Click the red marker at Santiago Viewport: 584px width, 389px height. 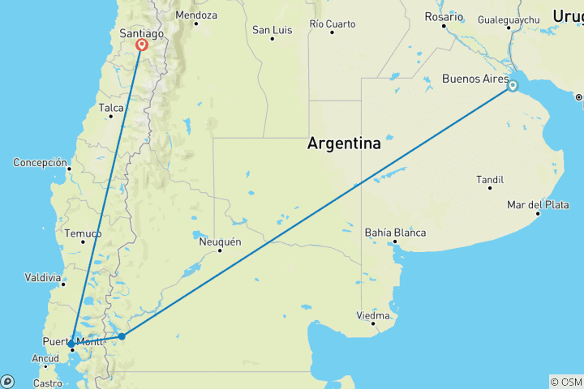[142, 45]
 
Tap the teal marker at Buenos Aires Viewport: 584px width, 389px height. [513, 85]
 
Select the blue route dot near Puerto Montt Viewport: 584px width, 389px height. [71, 344]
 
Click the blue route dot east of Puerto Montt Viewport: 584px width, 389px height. [122, 336]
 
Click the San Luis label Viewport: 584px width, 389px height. [271, 30]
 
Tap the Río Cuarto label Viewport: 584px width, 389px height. [332, 24]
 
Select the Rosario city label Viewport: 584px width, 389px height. [444, 16]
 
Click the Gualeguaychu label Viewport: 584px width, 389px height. [509, 19]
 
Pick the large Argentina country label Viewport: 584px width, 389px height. [344, 144]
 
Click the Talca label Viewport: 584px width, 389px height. [110, 107]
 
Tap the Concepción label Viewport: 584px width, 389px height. [40, 162]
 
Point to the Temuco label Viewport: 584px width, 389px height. [84, 233]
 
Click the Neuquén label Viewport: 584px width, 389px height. [220, 242]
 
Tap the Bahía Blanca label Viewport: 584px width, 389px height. [395, 233]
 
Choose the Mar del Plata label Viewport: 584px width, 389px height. [538, 205]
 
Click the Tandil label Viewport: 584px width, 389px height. [490, 179]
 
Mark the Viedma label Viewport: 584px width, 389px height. [374, 315]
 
